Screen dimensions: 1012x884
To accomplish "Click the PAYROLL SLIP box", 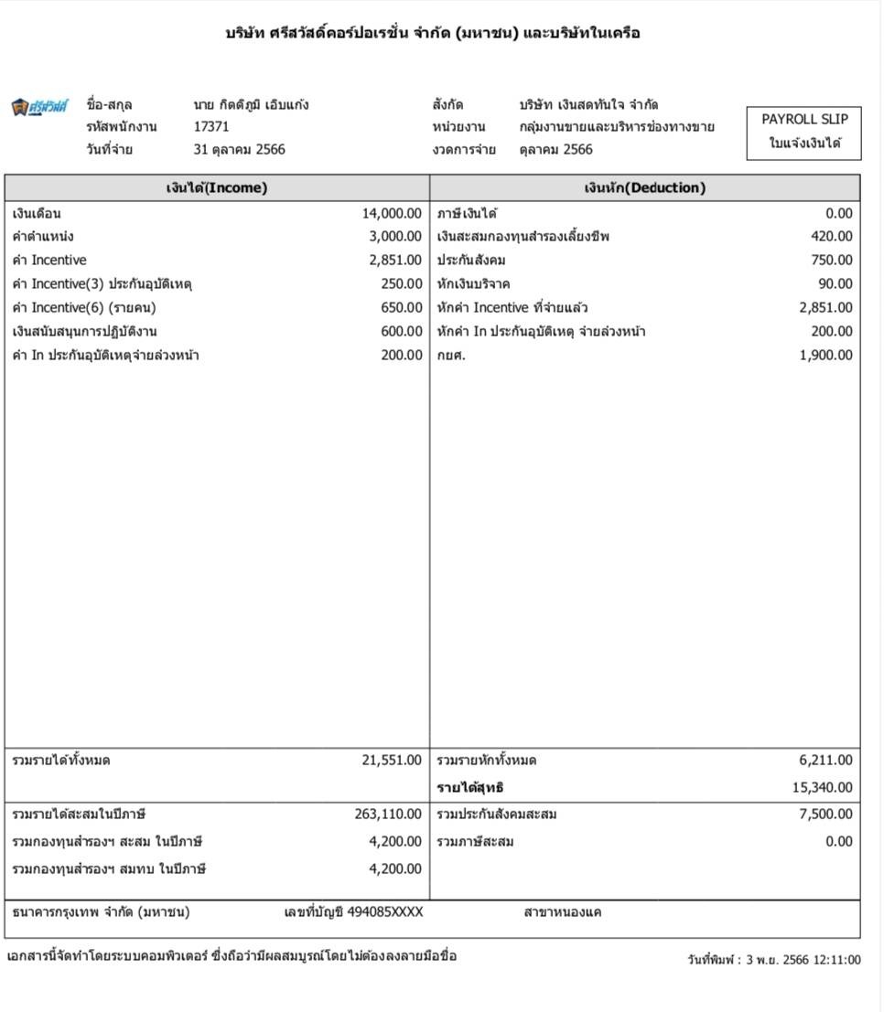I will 804,131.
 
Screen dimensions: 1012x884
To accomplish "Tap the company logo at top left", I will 39,107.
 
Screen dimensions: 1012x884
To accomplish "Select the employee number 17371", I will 211,127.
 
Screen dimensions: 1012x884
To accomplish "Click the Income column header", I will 217,188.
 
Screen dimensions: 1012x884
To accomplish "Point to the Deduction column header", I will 644,188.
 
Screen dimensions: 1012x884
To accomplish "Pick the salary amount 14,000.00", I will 392,214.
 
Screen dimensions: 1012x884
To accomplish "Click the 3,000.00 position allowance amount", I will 395,237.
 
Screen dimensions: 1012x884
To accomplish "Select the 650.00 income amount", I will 402,308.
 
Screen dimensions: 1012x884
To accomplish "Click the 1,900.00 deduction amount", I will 825,356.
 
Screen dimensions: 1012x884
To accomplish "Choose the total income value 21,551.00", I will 392,761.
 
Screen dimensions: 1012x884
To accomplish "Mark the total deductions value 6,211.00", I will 825,761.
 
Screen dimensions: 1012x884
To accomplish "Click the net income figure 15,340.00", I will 822,788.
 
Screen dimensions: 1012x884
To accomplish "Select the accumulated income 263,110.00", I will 388,815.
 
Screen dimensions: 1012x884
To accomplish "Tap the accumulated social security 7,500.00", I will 825,815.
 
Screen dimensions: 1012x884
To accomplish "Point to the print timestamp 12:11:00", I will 833,961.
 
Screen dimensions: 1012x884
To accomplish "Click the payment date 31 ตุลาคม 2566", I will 239,150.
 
